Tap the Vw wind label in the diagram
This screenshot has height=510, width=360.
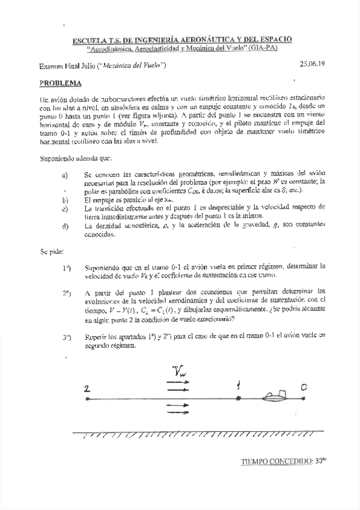[179, 373]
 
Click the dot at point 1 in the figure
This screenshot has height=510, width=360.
[239, 398]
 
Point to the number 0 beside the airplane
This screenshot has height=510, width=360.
[304, 388]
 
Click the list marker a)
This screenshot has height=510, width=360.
[65, 175]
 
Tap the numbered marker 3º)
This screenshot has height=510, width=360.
[67, 337]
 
